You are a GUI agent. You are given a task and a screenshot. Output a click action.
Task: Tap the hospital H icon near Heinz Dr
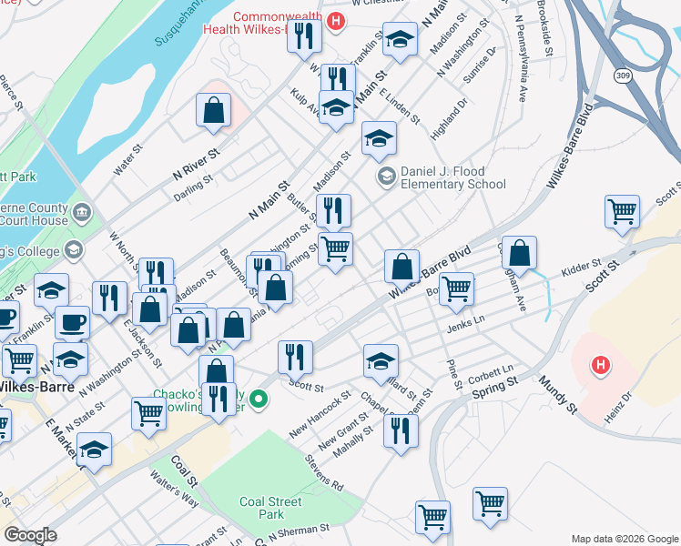coord(600,367)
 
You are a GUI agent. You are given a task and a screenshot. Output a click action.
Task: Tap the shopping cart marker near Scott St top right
coord(622,213)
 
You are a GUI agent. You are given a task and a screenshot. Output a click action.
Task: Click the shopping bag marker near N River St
coord(212,112)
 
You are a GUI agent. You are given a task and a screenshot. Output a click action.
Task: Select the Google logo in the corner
coord(30,535)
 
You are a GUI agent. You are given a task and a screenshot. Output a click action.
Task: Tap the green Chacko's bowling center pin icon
coord(259,399)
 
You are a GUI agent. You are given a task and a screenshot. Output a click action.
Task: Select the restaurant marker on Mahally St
coord(401,430)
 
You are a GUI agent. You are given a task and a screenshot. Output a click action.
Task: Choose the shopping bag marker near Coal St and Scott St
coord(216,373)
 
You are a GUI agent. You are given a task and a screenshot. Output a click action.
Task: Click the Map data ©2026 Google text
coord(625,539)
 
